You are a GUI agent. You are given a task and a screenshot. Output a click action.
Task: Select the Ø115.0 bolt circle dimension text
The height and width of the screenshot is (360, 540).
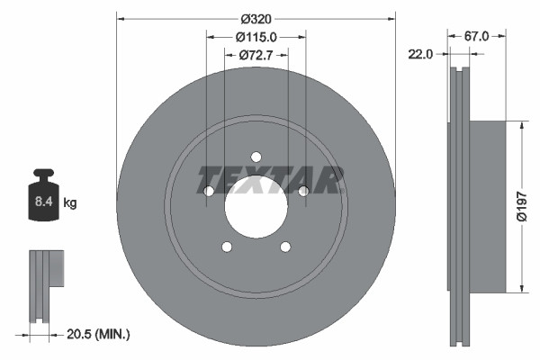pyautogui.click(x=256, y=36)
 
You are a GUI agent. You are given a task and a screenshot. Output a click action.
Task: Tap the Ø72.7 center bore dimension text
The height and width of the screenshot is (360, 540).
pyautogui.click(x=256, y=56)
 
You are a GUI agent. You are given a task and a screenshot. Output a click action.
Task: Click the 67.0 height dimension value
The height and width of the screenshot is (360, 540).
pyautogui.click(x=476, y=36)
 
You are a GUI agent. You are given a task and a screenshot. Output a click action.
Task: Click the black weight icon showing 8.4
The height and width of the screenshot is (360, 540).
pyautogui.click(x=44, y=193)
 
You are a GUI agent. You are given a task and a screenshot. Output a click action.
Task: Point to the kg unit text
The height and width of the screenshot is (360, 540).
pyautogui.click(x=70, y=203)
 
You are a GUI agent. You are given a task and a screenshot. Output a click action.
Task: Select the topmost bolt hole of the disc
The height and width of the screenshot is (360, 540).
pyautogui.click(x=256, y=156)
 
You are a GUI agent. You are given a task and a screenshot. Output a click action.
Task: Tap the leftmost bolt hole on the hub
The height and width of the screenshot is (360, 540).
pyautogui.click(x=209, y=191)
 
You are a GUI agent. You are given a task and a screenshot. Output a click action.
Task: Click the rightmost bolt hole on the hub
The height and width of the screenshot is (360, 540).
pyautogui.click(x=303, y=190)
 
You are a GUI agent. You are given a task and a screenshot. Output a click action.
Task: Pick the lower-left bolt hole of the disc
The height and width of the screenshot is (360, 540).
pyautogui.click(x=227, y=247)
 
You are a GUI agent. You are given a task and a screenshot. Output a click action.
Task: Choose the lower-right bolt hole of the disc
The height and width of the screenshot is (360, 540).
pyautogui.click(x=285, y=247)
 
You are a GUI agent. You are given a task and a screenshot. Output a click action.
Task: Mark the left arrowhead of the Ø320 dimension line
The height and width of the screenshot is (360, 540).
pyautogui.click(x=121, y=16)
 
